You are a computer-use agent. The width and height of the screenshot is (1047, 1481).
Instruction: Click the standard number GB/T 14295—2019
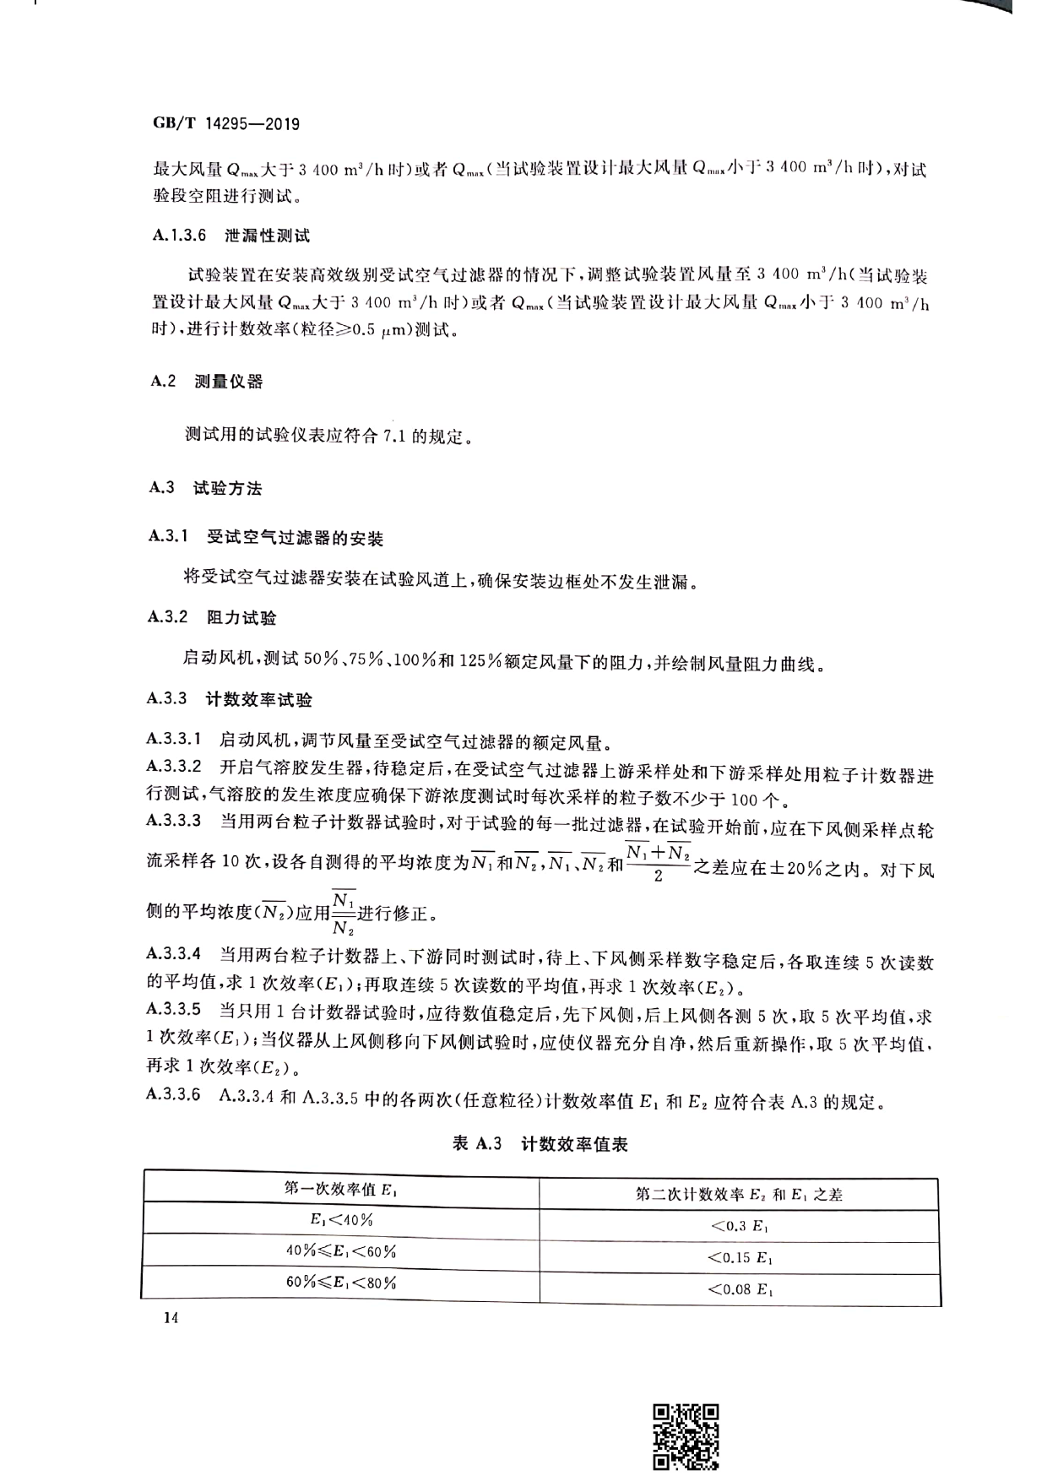point(225,124)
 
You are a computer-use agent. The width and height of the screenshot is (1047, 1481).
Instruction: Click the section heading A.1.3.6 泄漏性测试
point(231,236)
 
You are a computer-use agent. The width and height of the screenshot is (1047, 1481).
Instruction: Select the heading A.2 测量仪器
point(207,381)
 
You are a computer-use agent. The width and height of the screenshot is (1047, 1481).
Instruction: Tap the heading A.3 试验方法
point(206,487)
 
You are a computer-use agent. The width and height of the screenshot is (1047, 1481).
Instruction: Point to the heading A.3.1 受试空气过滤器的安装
point(266,537)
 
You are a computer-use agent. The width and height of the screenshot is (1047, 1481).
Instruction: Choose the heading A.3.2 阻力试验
point(213,617)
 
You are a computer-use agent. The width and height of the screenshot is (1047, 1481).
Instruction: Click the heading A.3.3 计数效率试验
point(230,698)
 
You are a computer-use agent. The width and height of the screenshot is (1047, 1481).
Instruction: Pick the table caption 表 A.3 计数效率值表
point(540,1144)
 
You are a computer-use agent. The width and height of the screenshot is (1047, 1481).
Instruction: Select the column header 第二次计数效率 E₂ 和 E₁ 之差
point(739,1194)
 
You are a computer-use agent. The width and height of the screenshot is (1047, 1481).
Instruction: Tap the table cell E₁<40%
point(341,1220)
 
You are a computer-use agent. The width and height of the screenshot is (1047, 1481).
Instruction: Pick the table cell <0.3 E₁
point(739,1225)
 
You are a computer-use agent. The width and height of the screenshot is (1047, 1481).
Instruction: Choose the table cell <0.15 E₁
point(739,1257)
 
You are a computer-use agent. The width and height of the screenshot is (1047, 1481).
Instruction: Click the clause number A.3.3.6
point(174,1095)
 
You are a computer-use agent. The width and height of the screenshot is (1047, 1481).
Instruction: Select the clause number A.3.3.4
point(174,954)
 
